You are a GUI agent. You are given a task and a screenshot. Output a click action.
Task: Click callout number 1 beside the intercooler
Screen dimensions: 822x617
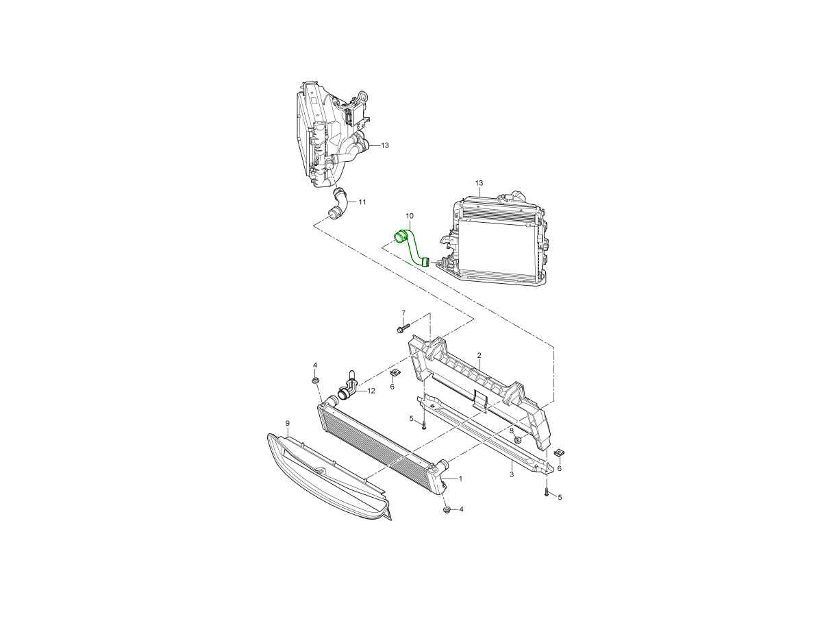point(460,479)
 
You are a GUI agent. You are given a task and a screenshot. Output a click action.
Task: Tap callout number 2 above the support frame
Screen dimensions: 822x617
point(479,354)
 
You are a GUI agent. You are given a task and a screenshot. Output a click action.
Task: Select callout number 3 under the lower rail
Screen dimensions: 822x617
point(512,474)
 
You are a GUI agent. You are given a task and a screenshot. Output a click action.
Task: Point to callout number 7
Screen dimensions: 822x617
point(403,313)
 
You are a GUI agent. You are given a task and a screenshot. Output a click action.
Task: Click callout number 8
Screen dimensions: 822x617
point(512,431)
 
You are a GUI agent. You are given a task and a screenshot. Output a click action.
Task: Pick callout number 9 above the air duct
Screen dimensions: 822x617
point(288,423)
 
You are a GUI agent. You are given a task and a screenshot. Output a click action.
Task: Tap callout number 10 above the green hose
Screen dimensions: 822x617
point(410,216)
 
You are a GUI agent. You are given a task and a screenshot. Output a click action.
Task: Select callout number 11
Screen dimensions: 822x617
point(362,202)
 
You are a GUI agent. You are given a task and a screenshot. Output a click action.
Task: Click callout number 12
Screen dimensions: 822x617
point(371,391)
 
